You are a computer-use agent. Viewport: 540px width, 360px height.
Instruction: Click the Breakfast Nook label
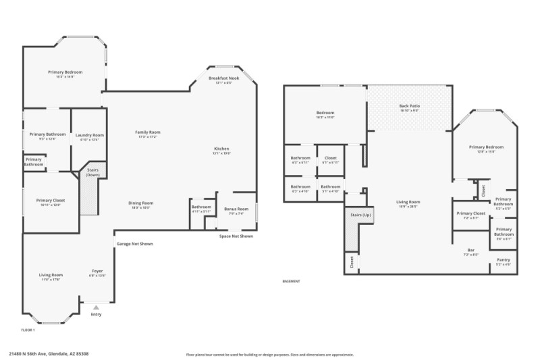(223, 80)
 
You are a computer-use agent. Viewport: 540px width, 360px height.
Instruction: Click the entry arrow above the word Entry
(96, 307)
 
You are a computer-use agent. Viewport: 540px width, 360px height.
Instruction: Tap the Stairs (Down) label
(92, 173)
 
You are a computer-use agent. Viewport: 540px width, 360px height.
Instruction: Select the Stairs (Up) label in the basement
(360, 215)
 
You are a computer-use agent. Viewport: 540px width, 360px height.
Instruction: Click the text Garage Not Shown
(134, 244)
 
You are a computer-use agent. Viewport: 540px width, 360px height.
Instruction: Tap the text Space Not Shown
(236, 236)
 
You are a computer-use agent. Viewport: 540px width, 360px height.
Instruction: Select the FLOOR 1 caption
(28, 330)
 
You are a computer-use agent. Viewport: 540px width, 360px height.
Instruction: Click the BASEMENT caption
(291, 281)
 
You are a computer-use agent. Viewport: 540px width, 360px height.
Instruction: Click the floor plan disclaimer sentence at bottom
(269, 354)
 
